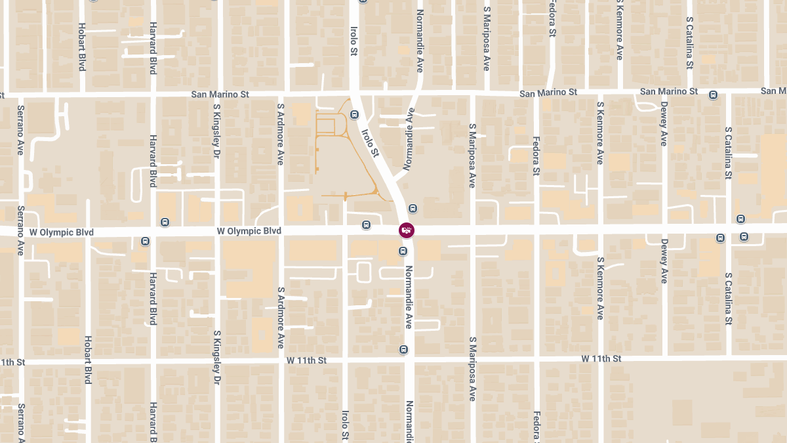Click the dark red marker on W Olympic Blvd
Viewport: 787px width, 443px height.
(x=407, y=230)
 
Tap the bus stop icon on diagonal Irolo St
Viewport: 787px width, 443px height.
(x=355, y=115)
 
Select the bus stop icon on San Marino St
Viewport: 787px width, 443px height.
(x=713, y=95)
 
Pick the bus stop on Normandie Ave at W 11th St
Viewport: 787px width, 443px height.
(x=403, y=349)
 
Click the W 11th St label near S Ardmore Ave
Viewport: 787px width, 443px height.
(x=306, y=360)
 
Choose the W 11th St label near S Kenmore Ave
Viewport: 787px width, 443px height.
(x=601, y=359)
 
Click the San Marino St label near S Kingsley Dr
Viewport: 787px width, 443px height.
(x=220, y=95)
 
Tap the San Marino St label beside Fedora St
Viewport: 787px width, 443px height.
(x=548, y=93)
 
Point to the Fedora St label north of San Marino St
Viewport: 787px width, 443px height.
(x=552, y=18)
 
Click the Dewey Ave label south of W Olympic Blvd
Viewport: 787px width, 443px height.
(x=664, y=261)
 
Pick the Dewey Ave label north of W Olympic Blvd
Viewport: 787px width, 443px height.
(x=664, y=123)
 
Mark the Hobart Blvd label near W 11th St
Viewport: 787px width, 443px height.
(x=88, y=360)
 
